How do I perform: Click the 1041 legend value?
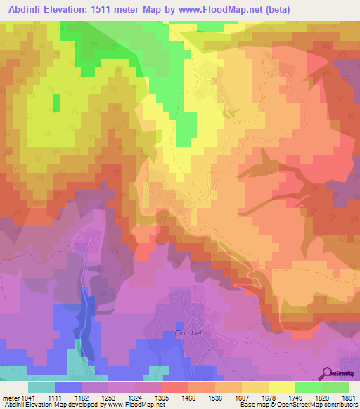coord(27,397)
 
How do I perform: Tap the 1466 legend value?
coord(188,397)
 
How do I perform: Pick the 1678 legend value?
coord(269,397)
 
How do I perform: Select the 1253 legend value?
coord(108,397)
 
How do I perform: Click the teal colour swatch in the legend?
coord(41,387)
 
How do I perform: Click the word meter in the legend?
coord(9,397)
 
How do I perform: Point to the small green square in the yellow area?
coord(56,103)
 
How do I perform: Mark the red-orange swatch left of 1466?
coord(174,387)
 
